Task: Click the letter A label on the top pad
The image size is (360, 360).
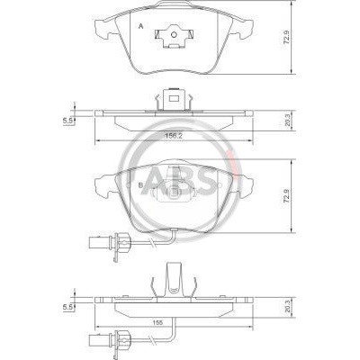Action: pos(140,27)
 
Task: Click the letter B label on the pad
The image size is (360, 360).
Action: pos(140,185)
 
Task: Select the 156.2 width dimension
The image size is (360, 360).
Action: pos(174,136)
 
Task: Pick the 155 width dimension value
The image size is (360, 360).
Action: pos(158,323)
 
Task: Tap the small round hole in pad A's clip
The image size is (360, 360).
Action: pos(174,34)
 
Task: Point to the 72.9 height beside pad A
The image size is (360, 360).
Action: pos(286,37)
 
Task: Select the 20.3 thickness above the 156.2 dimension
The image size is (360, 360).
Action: pos(286,121)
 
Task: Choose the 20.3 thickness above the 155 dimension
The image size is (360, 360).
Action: pos(286,307)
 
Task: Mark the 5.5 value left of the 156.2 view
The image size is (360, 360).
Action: pos(67,121)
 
